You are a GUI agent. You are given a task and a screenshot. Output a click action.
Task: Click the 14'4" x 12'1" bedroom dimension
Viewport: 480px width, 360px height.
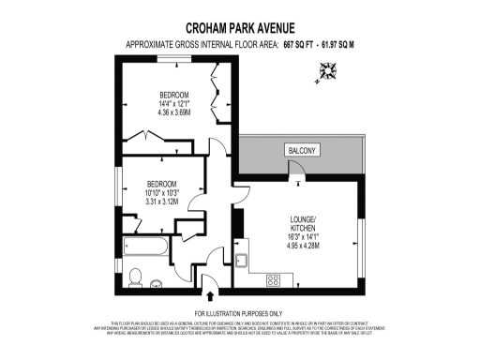pyautogui.click(x=174, y=104)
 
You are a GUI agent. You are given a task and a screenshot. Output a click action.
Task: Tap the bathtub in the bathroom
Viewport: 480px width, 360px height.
pyautogui.click(x=145, y=248)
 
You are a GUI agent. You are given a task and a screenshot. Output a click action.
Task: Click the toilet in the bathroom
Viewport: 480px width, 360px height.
pyautogui.click(x=136, y=276)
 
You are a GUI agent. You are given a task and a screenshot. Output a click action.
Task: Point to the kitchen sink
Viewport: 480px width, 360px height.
pyautogui.click(x=241, y=262)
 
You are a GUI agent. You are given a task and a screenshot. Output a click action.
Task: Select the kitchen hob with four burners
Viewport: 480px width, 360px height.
pyautogui.click(x=276, y=278)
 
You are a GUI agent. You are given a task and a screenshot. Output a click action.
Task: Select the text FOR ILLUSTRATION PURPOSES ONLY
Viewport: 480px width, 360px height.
pyautogui.click(x=239, y=312)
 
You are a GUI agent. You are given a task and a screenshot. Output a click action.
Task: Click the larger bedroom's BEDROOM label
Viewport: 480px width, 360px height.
pyautogui.click(x=174, y=95)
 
